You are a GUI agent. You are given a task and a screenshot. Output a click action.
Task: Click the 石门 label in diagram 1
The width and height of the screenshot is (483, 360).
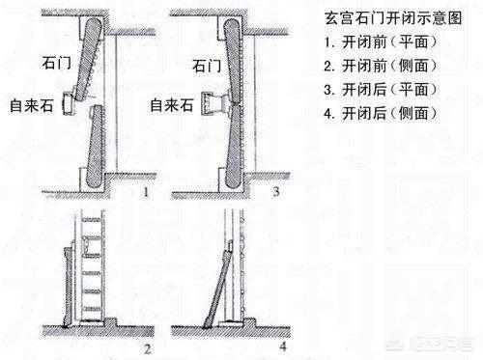pos(57,63)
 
